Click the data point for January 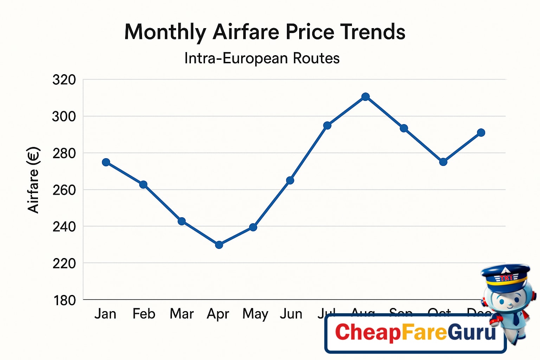coord(106,162)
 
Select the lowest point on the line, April coord(219,245)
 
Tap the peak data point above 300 coord(366,97)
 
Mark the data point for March coord(182,221)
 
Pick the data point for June coord(290,180)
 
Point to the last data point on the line coord(481,133)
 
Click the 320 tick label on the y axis coord(64,80)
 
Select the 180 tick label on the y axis coord(64,301)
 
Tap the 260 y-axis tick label coord(64,190)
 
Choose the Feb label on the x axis coord(144,314)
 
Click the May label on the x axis coord(255,314)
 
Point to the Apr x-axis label coord(218,314)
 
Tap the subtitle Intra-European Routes coord(262,58)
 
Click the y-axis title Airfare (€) coord(33,180)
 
